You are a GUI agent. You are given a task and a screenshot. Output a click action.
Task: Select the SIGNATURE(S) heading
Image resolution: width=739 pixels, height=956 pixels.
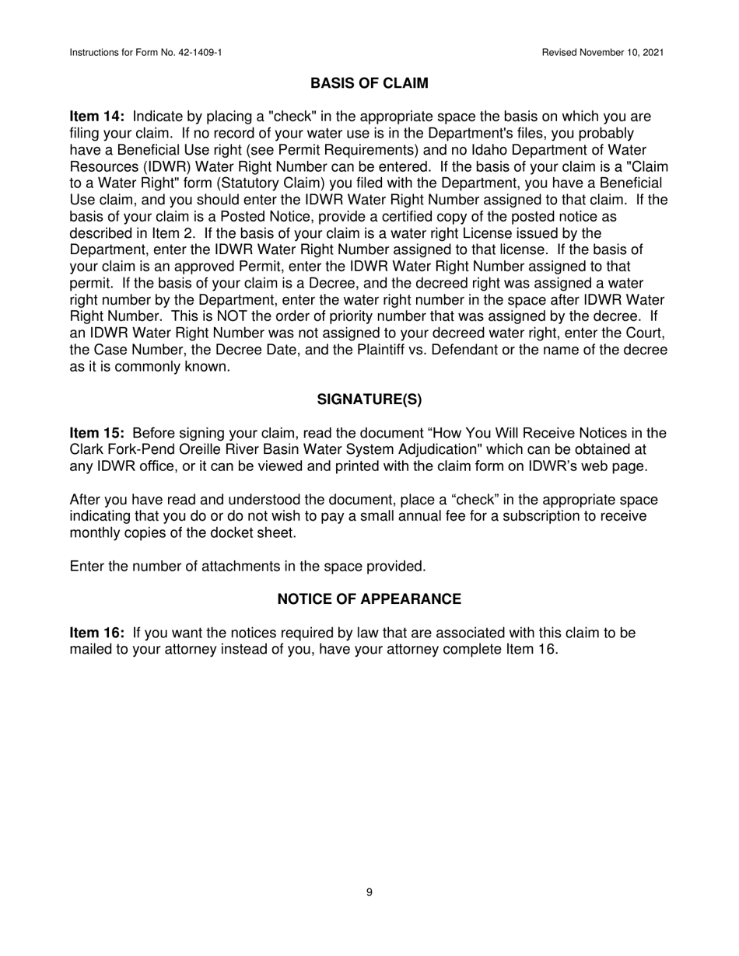pos(369,399)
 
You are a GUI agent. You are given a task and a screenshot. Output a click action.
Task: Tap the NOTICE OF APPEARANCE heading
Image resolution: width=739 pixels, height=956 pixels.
pos(369,599)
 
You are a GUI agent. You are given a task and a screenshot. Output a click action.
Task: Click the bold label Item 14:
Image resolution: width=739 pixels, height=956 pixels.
pos(97,117)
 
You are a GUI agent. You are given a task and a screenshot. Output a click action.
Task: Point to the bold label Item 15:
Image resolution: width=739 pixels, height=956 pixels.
pos(97,433)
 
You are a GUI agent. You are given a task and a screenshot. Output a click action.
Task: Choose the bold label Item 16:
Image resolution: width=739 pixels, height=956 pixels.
pos(97,633)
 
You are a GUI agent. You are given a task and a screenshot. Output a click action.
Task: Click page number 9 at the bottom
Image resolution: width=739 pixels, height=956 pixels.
pos(369,892)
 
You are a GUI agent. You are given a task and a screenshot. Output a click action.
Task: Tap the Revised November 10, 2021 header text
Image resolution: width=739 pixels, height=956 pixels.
pos(603,53)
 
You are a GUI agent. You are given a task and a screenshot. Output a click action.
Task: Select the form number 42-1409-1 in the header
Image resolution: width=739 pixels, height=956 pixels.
pos(193,53)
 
